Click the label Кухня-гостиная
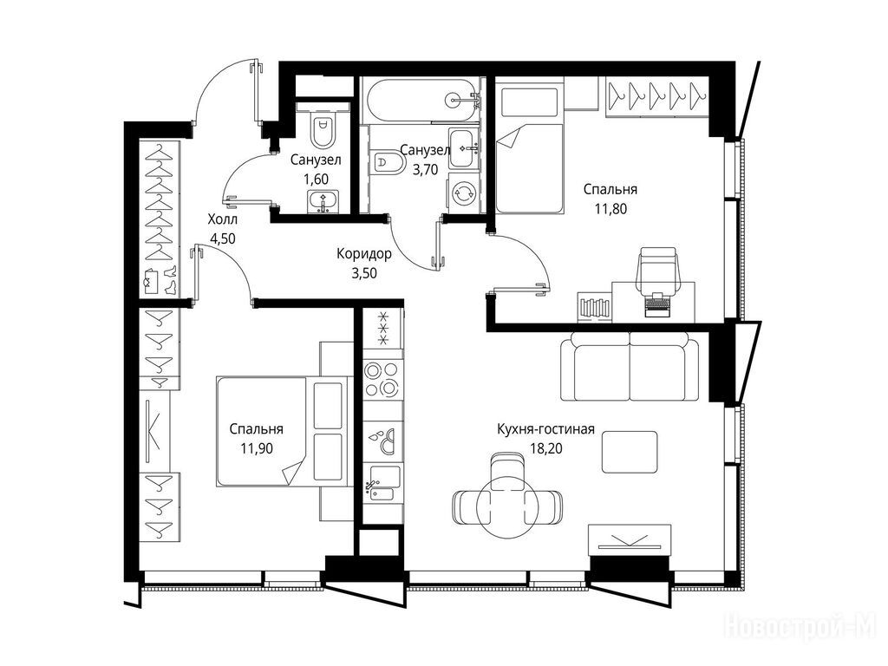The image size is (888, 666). (x=545, y=428)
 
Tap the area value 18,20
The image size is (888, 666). (x=545, y=448)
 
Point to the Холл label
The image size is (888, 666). (x=223, y=219)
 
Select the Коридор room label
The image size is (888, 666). (x=363, y=254)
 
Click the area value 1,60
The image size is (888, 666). (x=316, y=180)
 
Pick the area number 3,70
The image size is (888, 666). (x=425, y=169)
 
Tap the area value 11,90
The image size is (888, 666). (x=257, y=448)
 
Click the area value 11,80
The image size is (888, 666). (x=610, y=208)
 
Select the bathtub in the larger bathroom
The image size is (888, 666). (x=422, y=100)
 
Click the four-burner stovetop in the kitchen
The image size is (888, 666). (x=382, y=379)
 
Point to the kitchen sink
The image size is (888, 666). (x=382, y=483)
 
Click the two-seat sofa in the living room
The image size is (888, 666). (x=630, y=367)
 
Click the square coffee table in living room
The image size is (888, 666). (x=630, y=451)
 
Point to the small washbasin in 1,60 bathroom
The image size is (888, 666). (x=323, y=201)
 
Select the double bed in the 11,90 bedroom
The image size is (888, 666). (x=282, y=431)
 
